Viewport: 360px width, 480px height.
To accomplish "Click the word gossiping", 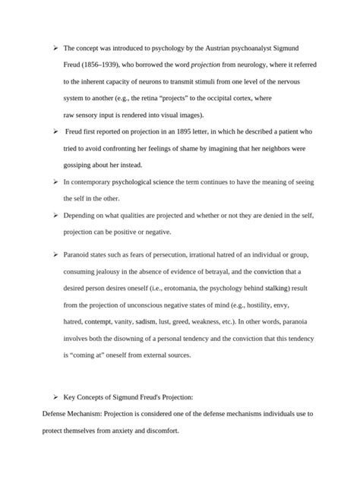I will point(82,165).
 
